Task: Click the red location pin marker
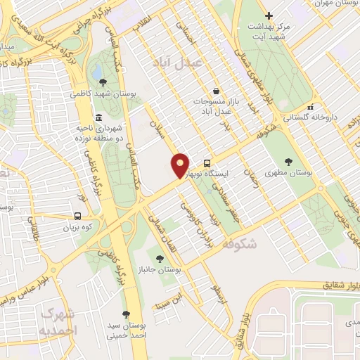(x=180, y=165)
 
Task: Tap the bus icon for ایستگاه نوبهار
(x=207, y=160)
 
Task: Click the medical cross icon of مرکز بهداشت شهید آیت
(x=268, y=15)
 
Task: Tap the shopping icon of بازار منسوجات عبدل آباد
(x=215, y=90)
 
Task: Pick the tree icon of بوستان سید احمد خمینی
(x=126, y=314)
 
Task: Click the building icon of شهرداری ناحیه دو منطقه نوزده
(x=97, y=117)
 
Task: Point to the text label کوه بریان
(x=78, y=228)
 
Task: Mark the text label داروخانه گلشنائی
(x=330, y=117)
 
